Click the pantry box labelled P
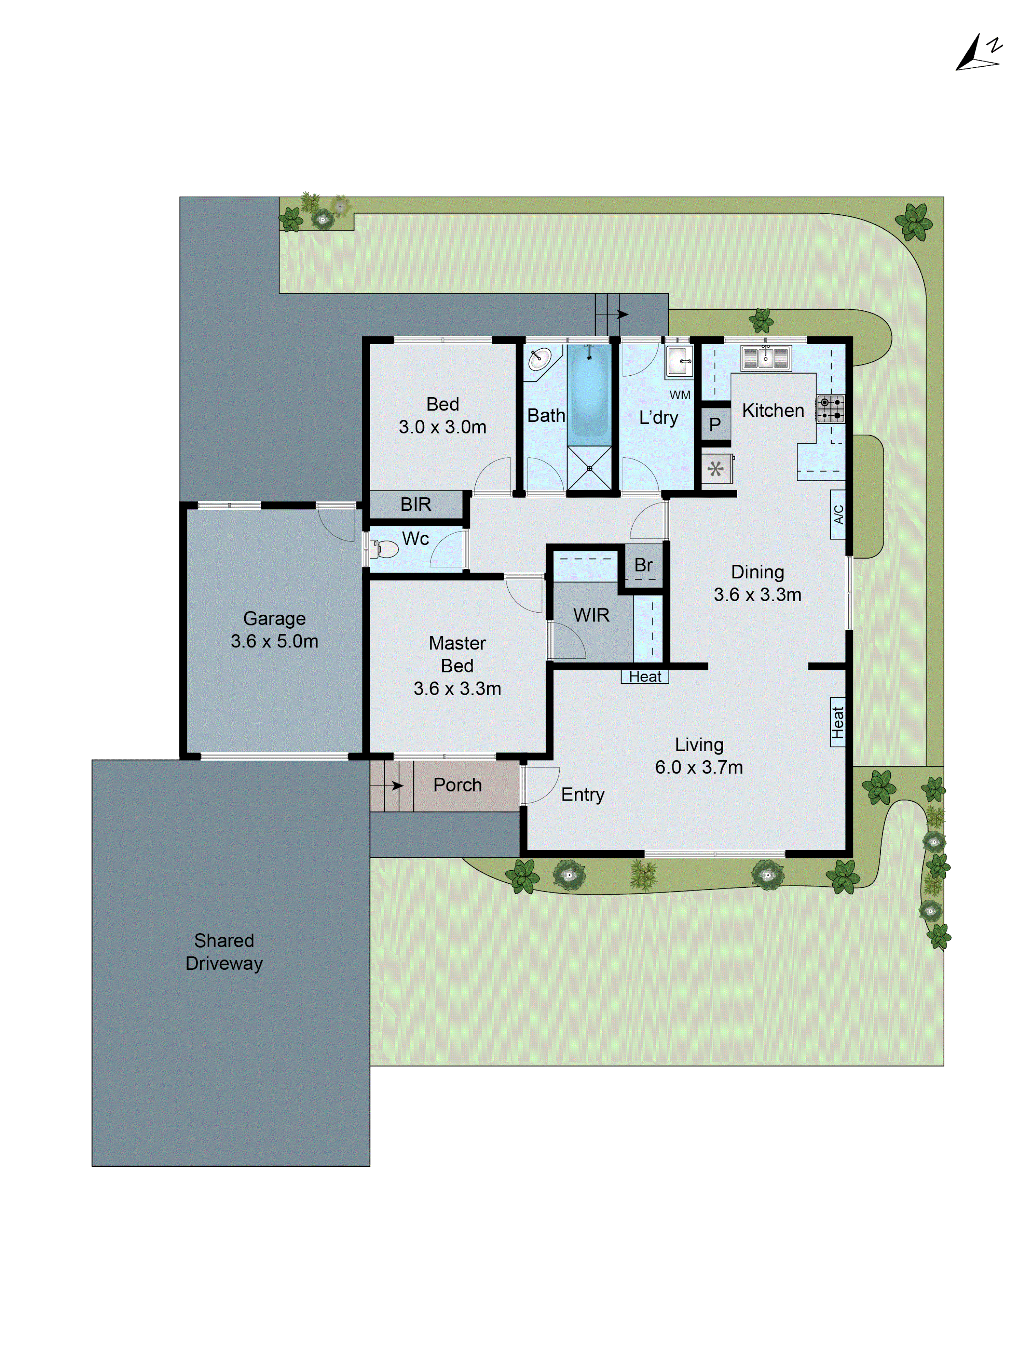click(x=715, y=425)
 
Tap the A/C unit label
click(x=838, y=514)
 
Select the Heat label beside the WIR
click(x=644, y=677)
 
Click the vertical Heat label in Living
click(x=837, y=722)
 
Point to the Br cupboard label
click(x=643, y=565)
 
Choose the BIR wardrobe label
click(x=415, y=504)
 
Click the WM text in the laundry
click(x=680, y=395)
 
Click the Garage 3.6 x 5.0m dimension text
click(x=274, y=641)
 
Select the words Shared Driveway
click(x=224, y=952)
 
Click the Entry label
click(x=583, y=794)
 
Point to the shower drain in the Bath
click(x=589, y=468)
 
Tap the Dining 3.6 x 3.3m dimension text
click(x=757, y=594)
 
